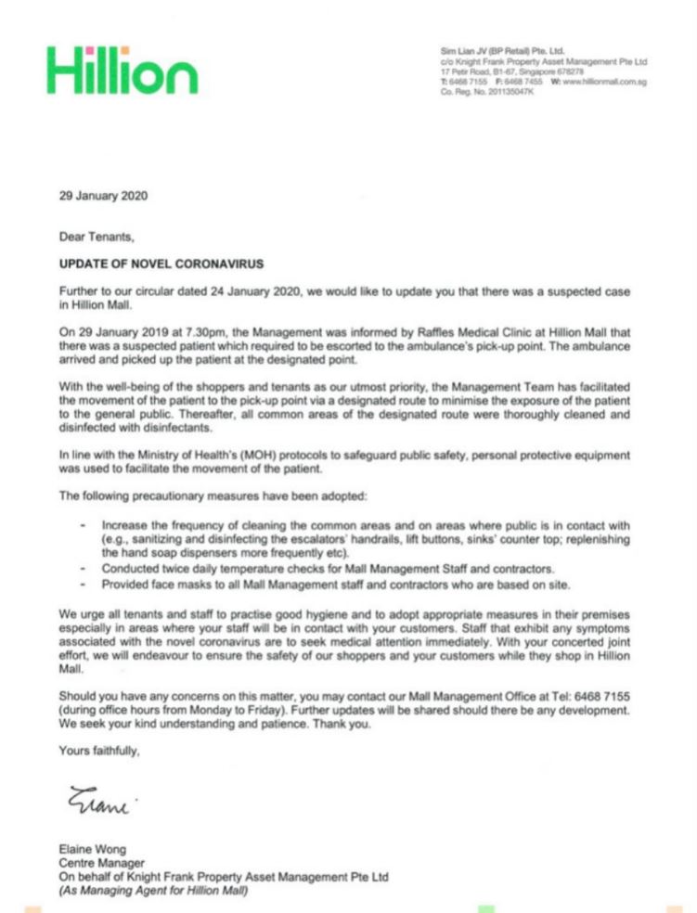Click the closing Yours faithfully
click(x=100, y=752)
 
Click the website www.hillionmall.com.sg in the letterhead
click(x=604, y=83)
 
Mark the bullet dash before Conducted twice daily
click(x=84, y=568)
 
